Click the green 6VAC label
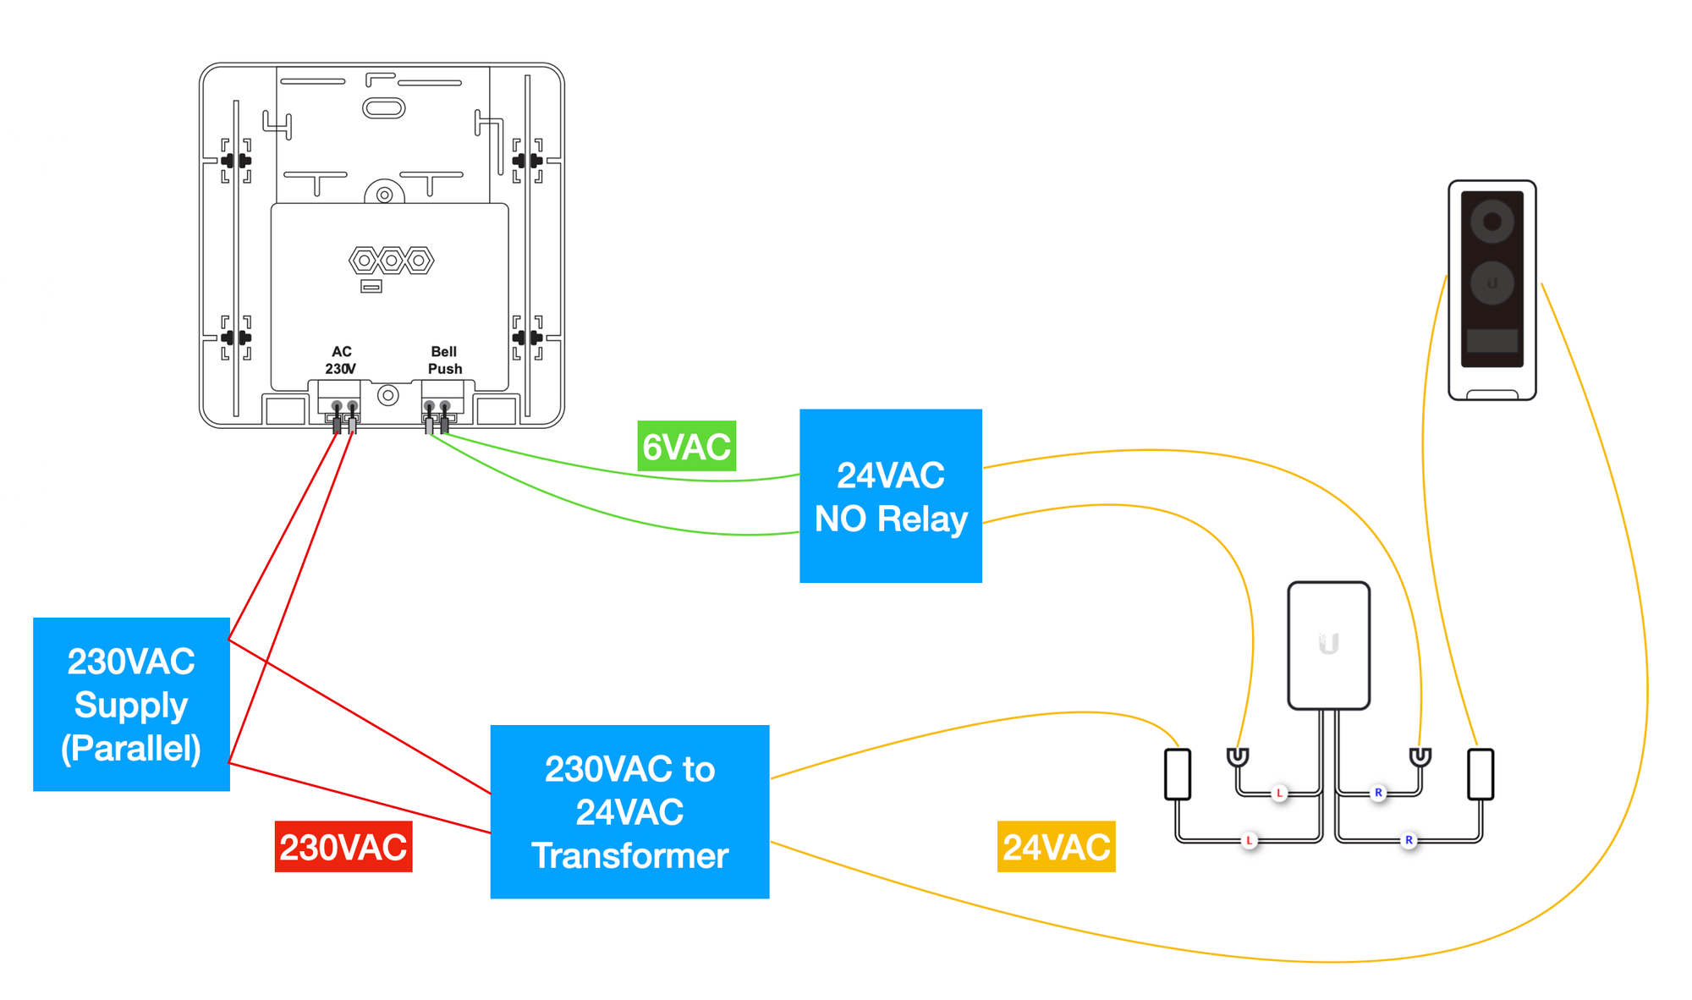click(x=686, y=446)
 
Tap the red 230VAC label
click(x=343, y=846)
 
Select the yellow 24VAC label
click(x=1056, y=846)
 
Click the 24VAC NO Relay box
click(x=891, y=497)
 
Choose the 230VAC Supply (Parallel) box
click(x=131, y=704)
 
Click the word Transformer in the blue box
click(x=630, y=855)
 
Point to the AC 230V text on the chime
click(x=341, y=360)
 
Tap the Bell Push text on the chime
click(x=444, y=360)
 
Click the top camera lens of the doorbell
click(x=1491, y=223)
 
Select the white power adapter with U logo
click(x=1328, y=645)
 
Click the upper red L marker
click(x=1279, y=793)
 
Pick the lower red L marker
click(x=1249, y=840)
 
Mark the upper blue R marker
click(x=1378, y=793)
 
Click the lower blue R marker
click(x=1409, y=840)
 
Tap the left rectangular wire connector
click(x=1178, y=773)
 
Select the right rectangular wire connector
click(x=1480, y=773)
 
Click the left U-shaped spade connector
click(x=1238, y=756)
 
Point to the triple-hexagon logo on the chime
click(x=391, y=261)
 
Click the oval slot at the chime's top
click(x=384, y=108)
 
